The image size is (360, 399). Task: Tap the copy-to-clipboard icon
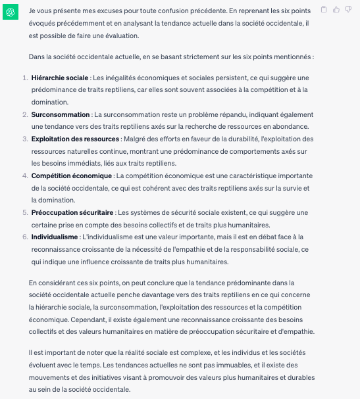(323, 9)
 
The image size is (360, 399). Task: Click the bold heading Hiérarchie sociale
(59, 78)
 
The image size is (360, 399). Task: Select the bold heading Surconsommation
(61, 114)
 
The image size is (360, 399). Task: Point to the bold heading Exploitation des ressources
(75, 139)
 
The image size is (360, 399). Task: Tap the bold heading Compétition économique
(72, 176)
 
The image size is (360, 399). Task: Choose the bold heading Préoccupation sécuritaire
(72, 212)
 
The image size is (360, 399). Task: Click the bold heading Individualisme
(55, 237)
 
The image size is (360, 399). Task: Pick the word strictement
(187, 56)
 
